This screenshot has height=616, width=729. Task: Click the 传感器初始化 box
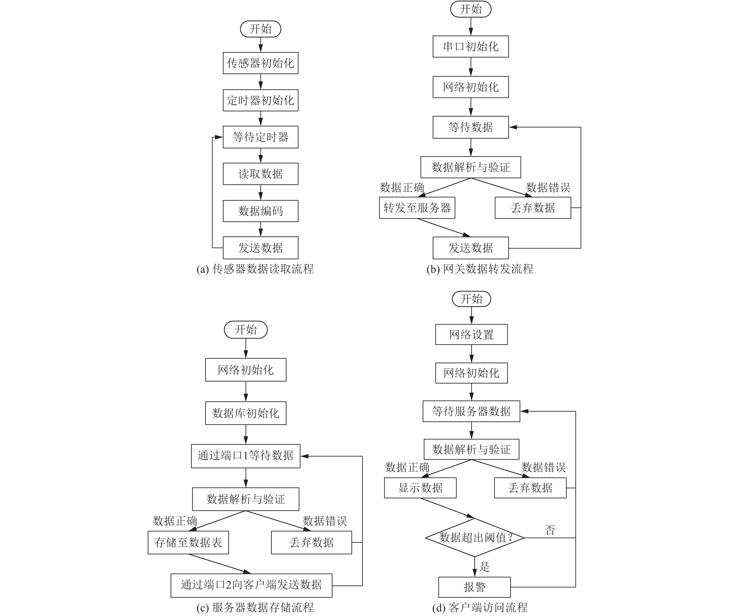pyautogui.click(x=260, y=63)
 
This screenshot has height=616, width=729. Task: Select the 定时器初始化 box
pyautogui.click(x=260, y=100)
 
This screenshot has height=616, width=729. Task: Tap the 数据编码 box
pyautogui.click(x=260, y=211)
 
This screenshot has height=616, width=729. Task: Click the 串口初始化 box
pyautogui.click(x=471, y=46)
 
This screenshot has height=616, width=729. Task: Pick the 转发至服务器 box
pyautogui.click(x=417, y=208)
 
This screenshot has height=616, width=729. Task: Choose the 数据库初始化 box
pyautogui.click(x=246, y=413)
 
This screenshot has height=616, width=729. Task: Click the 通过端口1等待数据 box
pyautogui.click(x=246, y=456)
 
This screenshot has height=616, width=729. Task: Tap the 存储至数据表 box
pyautogui.click(x=188, y=542)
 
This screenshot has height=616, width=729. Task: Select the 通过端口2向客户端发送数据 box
pyautogui.click(x=251, y=585)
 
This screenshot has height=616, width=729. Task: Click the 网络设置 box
pyautogui.click(x=471, y=334)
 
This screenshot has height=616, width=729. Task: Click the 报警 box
pyautogui.click(x=475, y=587)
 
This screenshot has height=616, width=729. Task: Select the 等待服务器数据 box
pyautogui.click(x=471, y=411)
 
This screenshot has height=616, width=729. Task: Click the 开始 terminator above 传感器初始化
pyautogui.click(x=260, y=29)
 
